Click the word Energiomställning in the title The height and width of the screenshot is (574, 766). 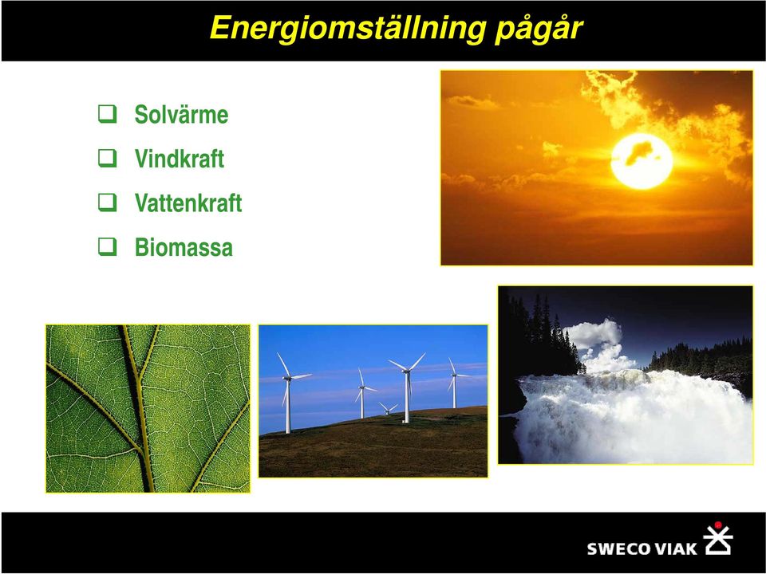[x=348, y=29]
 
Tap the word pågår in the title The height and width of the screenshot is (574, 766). [x=539, y=30]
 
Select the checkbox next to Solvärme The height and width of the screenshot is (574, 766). [x=108, y=114]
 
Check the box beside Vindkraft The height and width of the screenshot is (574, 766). [x=108, y=158]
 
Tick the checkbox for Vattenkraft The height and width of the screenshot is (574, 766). [x=108, y=202]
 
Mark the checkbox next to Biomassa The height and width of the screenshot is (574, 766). [x=108, y=246]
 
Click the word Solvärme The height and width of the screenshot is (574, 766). [x=181, y=114]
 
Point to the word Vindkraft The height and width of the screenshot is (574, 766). [x=180, y=159]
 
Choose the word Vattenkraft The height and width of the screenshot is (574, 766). [x=188, y=203]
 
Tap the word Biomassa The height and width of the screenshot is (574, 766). [x=184, y=247]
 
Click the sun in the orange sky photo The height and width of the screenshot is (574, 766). [x=642, y=162]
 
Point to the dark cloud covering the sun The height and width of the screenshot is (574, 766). [x=639, y=153]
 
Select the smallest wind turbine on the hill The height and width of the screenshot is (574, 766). [x=389, y=409]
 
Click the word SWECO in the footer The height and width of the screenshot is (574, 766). [x=618, y=548]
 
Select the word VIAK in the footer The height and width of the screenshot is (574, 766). [x=676, y=548]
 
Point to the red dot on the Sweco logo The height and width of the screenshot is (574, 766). [x=717, y=525]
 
